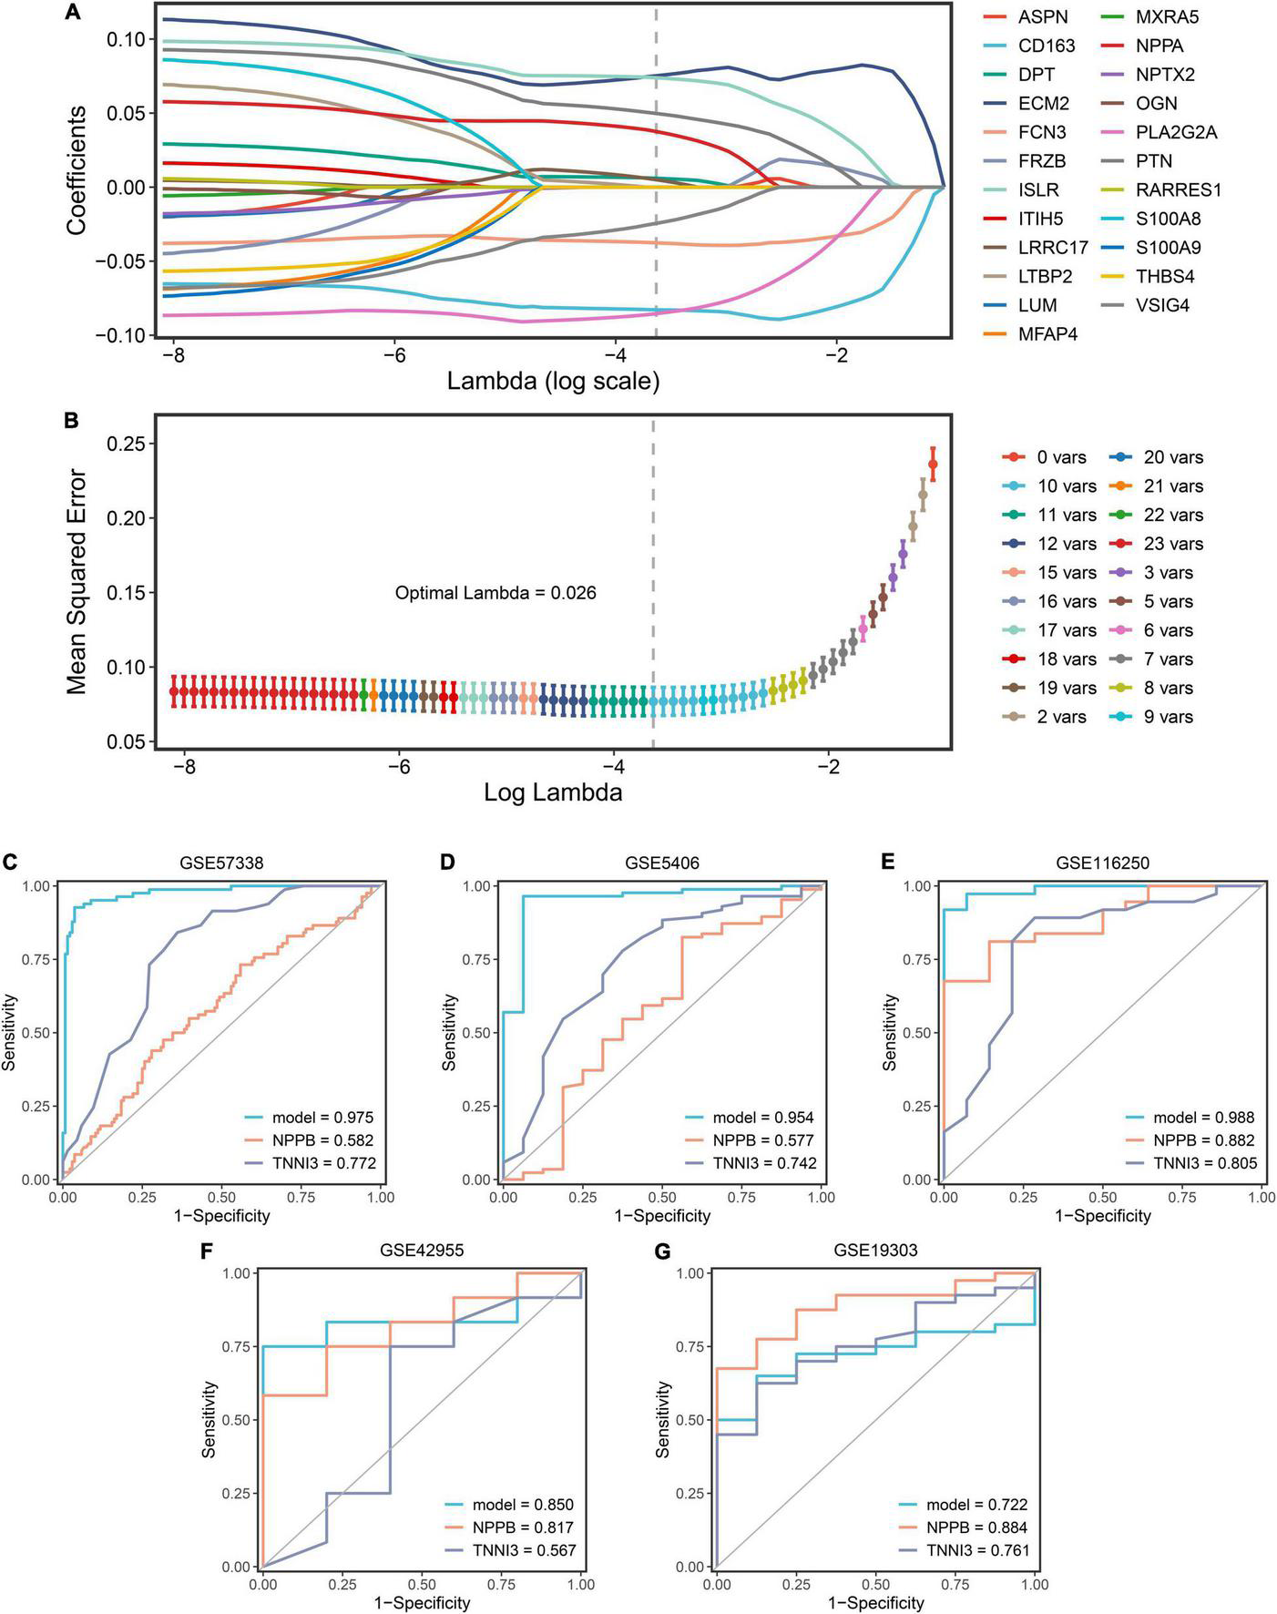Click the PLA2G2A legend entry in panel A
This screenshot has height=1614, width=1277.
pos(1176,132)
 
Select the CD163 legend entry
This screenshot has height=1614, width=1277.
pos(1046,46)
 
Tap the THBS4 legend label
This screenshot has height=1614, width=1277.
pos(1164,276)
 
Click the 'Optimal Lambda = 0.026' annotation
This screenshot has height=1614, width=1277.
pos(495,593)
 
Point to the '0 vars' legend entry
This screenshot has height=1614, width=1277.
pos(1047,457)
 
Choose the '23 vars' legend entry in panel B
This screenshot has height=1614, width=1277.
pos(1172,544)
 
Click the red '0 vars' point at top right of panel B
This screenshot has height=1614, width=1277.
pos(932,465)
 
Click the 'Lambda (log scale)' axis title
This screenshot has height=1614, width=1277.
pos(553,381)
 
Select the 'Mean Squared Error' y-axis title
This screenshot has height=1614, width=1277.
pos(77,581)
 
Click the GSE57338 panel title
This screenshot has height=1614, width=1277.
pos(220,863)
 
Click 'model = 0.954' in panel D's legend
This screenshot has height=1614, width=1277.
pos(763,1118)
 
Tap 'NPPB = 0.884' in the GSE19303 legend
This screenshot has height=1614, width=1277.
pos(976,1527)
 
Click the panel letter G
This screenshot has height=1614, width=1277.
pos(662,1251)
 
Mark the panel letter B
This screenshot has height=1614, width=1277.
pos(71,421)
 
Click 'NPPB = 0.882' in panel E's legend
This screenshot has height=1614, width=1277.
pos(1204,1140)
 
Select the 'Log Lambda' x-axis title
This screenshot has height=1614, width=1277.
pos(553,792)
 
